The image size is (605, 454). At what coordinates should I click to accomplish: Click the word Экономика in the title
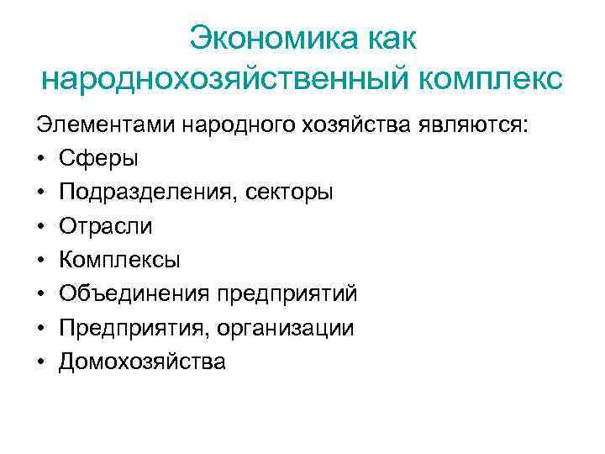click(x=273, y=38)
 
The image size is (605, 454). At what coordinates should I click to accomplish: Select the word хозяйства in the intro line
click(x=353, y=124)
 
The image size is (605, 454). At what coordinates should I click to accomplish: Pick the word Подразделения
click(x=148, y=193)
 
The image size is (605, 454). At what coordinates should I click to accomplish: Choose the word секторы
click(x=288, y=193)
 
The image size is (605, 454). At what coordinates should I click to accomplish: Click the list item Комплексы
click(x=120, y=260)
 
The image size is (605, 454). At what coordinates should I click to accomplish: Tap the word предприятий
click(x=287, y=294)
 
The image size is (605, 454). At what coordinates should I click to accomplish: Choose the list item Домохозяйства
click(x=142, y=362)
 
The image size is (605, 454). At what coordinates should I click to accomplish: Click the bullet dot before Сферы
click(x=40, y=159)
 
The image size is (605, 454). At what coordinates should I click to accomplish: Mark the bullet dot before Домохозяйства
click(x=40, y=362)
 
